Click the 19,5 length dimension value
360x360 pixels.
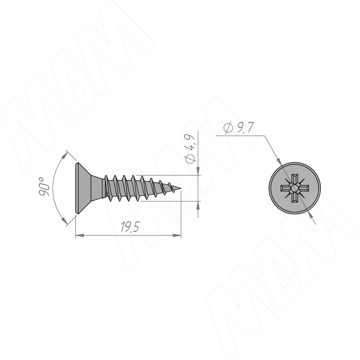130,227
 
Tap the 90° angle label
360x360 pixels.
44,186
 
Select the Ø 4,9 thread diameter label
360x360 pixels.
190,148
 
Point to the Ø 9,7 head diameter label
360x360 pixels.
238,128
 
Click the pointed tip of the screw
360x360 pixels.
181,189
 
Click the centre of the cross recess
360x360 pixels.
295,188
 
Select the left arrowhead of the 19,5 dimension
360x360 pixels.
80,235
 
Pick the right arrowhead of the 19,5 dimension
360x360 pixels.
177,235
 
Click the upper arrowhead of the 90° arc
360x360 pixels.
65,155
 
